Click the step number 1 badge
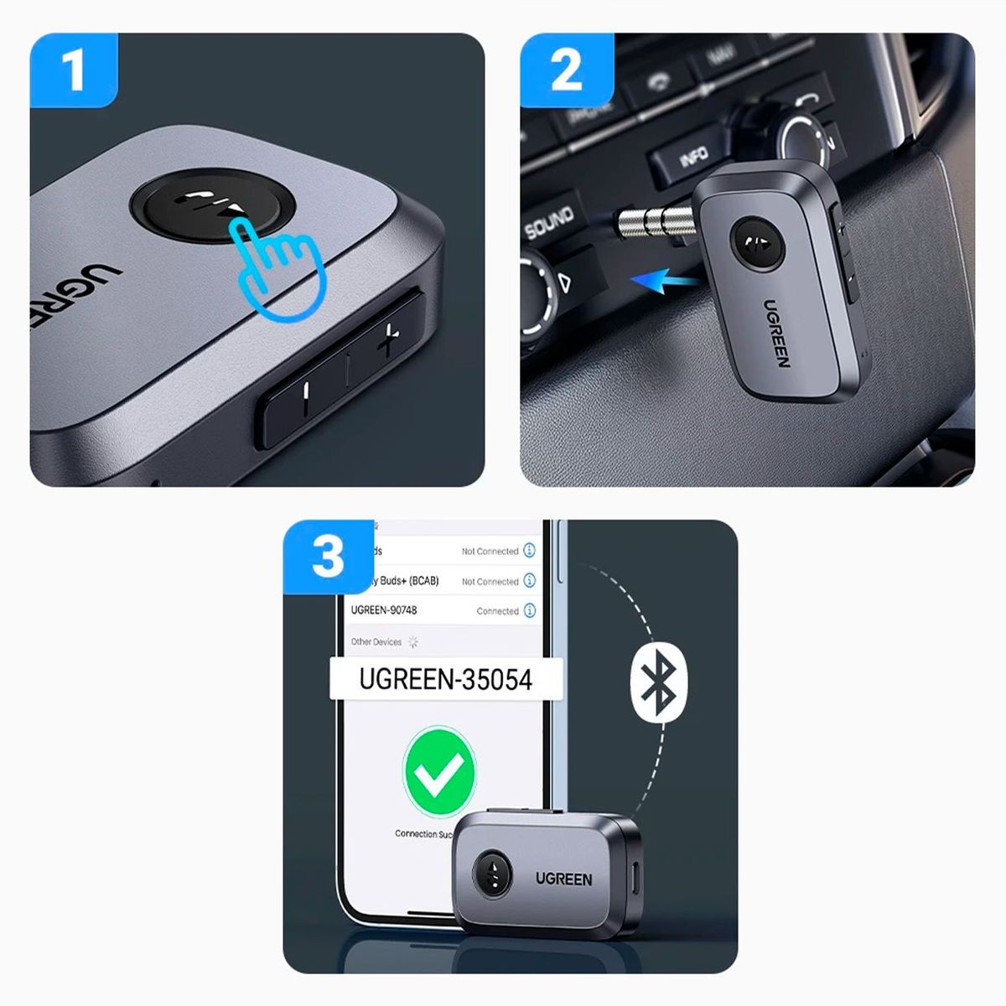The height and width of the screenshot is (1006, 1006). pos(74,70)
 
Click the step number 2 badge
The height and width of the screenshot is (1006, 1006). pos(566,70)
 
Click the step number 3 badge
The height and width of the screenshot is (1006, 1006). pos(328,557)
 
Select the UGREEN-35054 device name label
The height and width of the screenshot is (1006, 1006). pos(445,679)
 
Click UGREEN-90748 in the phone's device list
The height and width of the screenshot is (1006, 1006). pos(384,610)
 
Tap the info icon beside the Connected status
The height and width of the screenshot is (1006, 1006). pos(530,610)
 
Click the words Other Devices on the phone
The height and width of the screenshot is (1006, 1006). pos(376,642)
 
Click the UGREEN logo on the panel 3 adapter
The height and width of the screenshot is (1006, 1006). pos(563,879)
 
